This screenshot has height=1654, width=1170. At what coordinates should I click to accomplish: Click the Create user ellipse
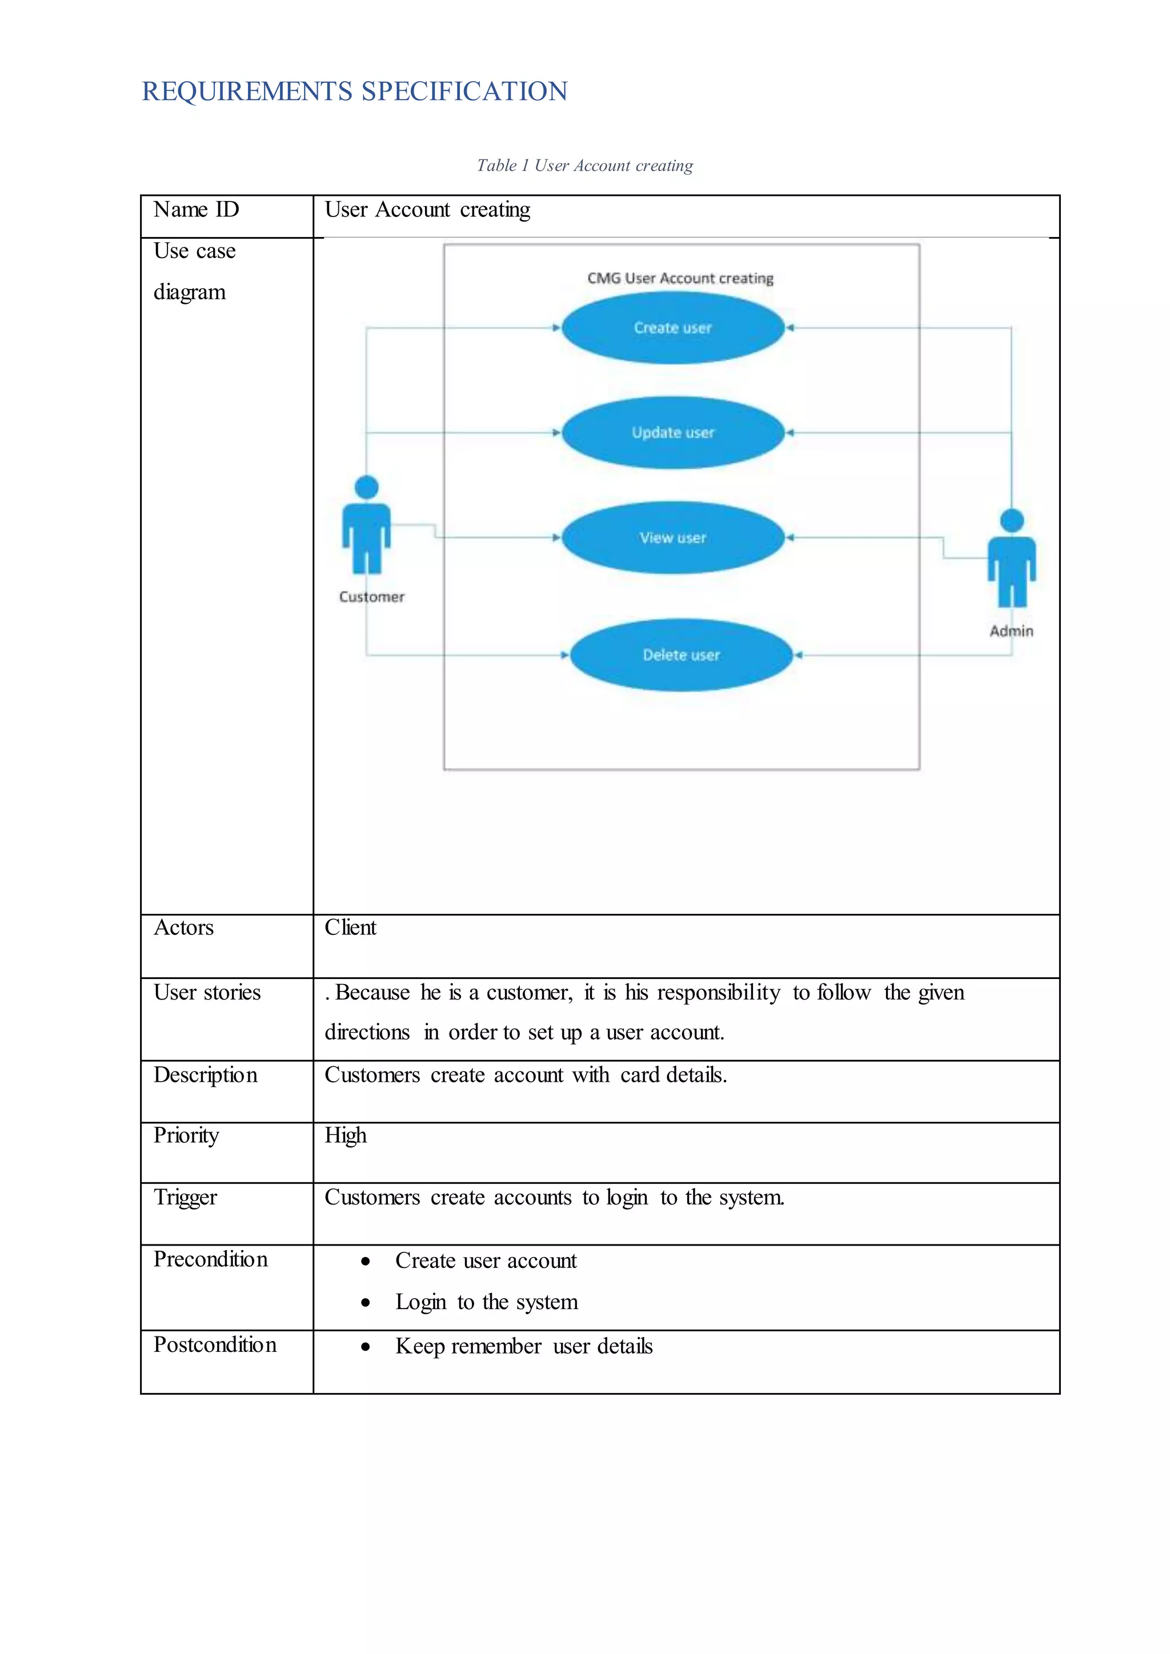(x=673, y=328)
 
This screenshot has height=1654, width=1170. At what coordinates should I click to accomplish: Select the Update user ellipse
(x=673, y=433)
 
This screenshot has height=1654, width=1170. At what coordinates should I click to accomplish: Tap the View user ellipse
(x=673, y=537)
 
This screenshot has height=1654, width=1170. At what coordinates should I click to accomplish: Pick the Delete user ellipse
(x=682, y=655)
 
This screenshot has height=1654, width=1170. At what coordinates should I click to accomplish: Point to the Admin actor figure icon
(x=1012, y=559)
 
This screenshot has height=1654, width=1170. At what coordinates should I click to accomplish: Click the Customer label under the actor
(x=372, y=596)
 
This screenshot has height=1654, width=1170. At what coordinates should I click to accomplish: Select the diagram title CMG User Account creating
(x=680, y=278)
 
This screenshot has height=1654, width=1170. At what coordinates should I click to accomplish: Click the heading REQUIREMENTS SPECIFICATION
(x=354, y=91)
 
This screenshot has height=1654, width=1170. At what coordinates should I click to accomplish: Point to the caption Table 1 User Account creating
(x=584, y=166)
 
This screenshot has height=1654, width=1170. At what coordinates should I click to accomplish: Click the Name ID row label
(x=196, y=210)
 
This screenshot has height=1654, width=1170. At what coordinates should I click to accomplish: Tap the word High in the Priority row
(x=345, y=1135)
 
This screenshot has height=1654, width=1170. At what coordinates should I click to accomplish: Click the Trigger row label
(x=185, y=1197)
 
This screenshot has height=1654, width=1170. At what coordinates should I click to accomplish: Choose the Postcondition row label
(x=215, y=1345)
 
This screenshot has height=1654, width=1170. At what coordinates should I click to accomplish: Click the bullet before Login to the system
(x=366, y=1302)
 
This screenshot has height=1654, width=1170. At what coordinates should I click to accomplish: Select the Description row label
(x=205, y=1075)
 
